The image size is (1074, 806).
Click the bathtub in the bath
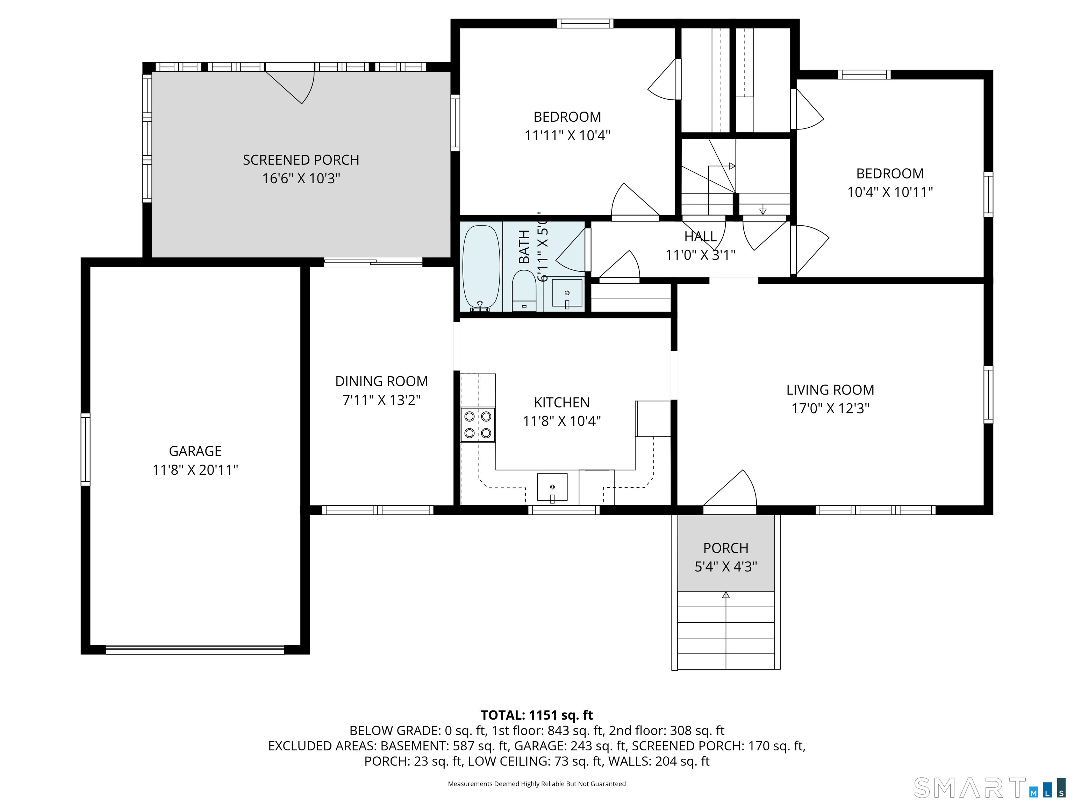tap(481, 267)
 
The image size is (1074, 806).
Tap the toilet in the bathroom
tap(524, 290)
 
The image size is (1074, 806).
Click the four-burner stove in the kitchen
tap(478, 425)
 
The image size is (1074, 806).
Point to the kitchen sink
tap(552, 487)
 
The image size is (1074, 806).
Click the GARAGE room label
tap(195, 451)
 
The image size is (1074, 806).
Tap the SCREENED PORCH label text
tap(301, 160)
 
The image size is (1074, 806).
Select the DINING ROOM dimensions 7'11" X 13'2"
tap(382, 400)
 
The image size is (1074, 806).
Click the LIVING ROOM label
tap(830, 390)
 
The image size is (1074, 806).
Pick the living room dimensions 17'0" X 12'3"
tap(830, 408)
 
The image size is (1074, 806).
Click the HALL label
tap(701, 236)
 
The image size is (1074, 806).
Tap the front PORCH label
tap(726, 548)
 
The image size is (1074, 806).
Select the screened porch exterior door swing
tap(290, 84)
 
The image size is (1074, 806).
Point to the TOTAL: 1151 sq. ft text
tap(537, 715)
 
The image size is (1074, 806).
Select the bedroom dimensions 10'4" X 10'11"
tap(890, 192)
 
